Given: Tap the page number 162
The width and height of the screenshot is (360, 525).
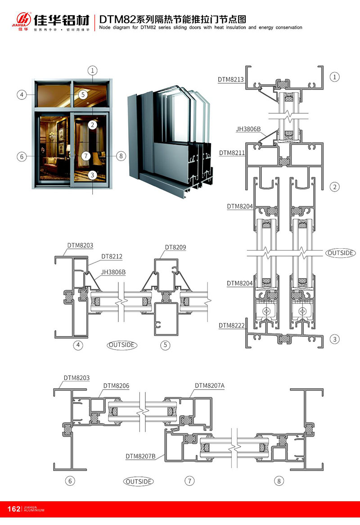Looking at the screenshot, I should click(x=14, y=509).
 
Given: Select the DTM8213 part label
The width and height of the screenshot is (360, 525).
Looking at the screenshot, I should click(x=231, y=80).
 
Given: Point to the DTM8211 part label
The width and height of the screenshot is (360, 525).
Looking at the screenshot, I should click(x=232, y=153).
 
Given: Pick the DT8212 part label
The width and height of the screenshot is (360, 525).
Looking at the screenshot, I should click(x=112, y=256).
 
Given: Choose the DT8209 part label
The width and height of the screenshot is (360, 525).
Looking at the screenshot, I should click(x=175, y=247).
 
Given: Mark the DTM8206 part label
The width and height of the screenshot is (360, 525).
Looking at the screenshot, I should click(x=116, y=386).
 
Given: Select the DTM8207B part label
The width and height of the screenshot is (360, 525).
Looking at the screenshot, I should click(x=141, y=456).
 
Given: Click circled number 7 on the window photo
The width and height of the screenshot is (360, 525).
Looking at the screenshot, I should click(x=86, y=156).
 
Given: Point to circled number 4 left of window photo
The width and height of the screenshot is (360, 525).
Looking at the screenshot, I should click(x=21, y=94).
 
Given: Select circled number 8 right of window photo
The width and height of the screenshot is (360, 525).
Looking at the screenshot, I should click(x=120, y=156).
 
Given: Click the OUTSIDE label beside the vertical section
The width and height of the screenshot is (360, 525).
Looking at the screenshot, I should click(x=340, y=253).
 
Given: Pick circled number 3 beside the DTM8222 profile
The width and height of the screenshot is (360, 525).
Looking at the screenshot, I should click(x=334, y=339).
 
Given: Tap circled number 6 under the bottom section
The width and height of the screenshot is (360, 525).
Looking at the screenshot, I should click(x=70, y=481).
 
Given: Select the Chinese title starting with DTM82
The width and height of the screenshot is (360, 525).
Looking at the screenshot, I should click(x=173, y=19).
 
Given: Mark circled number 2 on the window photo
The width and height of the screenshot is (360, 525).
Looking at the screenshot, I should click(x=92, y=125).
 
